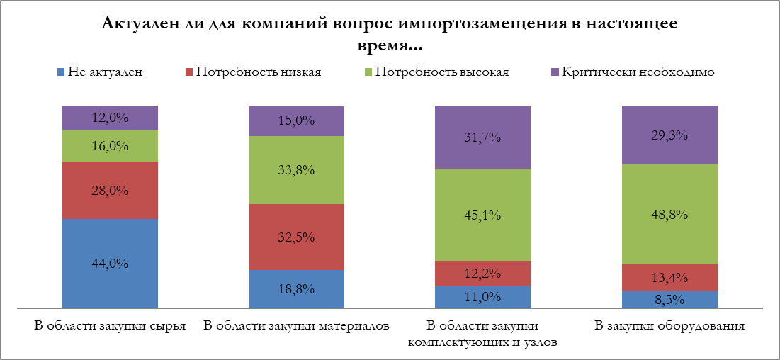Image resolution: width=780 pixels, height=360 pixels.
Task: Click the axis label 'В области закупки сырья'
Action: pos(110,327)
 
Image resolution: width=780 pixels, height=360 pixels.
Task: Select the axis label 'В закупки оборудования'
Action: pos(669,327)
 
